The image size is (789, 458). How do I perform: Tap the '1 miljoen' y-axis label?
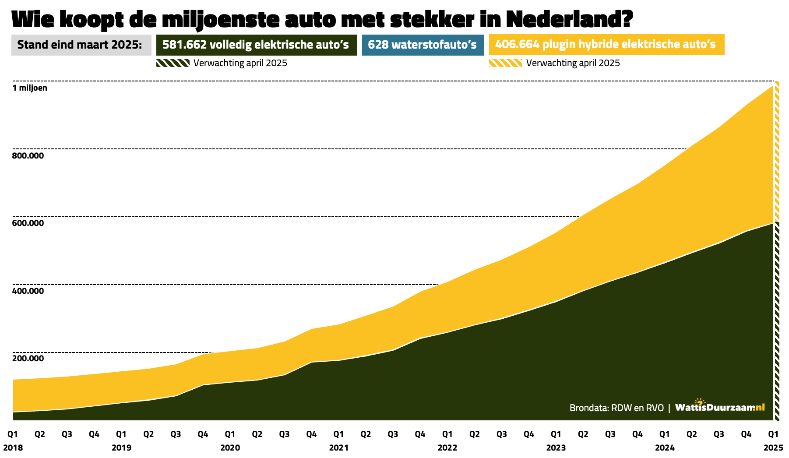30,88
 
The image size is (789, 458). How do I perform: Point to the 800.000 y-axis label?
28,156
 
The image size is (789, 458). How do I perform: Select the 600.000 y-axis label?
28,223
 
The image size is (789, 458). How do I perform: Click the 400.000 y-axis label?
28,291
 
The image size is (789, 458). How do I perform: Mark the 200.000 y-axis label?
28,359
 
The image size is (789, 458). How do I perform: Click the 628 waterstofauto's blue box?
423,45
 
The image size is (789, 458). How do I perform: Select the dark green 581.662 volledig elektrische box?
256,45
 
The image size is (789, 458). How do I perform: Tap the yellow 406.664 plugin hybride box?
606,45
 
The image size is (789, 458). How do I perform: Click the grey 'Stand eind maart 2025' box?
81,45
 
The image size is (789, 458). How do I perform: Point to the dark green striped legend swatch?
173,63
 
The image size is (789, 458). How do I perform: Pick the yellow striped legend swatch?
505,63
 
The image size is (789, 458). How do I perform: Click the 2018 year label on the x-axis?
13,448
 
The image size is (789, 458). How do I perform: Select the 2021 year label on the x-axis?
338,448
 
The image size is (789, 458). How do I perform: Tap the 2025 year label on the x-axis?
773,448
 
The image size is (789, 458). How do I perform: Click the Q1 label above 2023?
556,434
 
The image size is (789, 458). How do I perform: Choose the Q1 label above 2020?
230,434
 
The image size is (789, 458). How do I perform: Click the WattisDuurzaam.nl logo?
720,407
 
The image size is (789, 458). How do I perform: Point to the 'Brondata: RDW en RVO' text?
616,408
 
